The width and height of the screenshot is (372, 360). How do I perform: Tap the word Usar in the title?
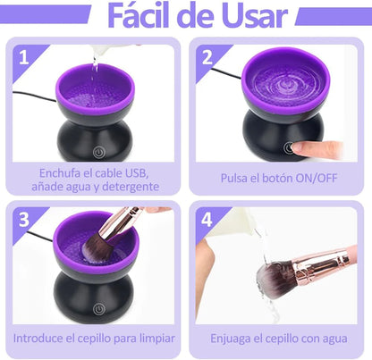click(258, 17)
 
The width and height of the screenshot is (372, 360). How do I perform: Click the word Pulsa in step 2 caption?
click(237, 179)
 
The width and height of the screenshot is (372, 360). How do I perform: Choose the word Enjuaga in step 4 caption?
click(234, 339)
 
